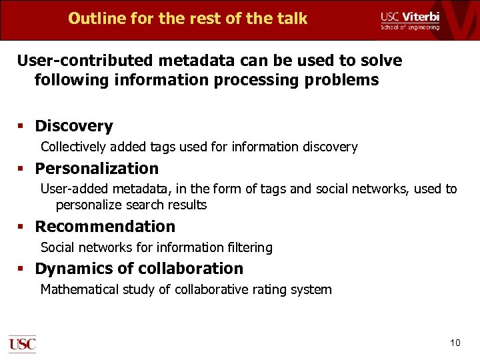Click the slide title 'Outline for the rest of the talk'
(x=187, y=19)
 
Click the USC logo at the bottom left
(x=22, y=343)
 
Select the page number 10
(x=455, y=343)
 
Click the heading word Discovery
(x=74, y=126)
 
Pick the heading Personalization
(x=97, y=169)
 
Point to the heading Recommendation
(x=105, y=227)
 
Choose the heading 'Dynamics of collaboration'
(x=139, y=269)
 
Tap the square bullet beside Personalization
(x=21, y=169)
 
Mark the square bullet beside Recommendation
(x=21, y=227)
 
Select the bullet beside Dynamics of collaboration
(x=21, y=269)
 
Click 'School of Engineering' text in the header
(x=410, y=27)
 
